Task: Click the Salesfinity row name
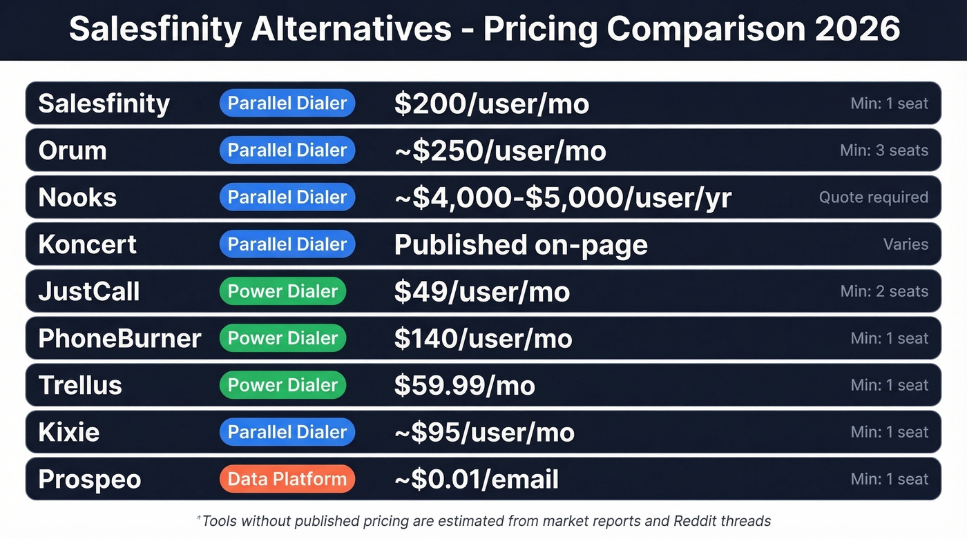[104, 104]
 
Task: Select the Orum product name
[73, 150]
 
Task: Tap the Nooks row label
[77, 197]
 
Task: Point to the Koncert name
[88, 244]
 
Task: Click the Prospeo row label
[90, 479]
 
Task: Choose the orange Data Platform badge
[287, 479]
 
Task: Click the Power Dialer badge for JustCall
[283, 291]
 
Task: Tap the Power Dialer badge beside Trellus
[283, 385]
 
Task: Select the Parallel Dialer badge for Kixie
[287, 432]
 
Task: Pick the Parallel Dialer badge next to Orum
[287, 150]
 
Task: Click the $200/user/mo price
[492, 104]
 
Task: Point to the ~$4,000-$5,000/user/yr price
[563, 197]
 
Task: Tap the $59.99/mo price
[465, 385]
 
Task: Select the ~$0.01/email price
[477, 479]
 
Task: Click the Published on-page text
[521, 244]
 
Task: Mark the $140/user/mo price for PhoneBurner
[483, 338]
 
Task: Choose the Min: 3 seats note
[884, 150]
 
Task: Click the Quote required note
[874, 197]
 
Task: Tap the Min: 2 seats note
[884, 291]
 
